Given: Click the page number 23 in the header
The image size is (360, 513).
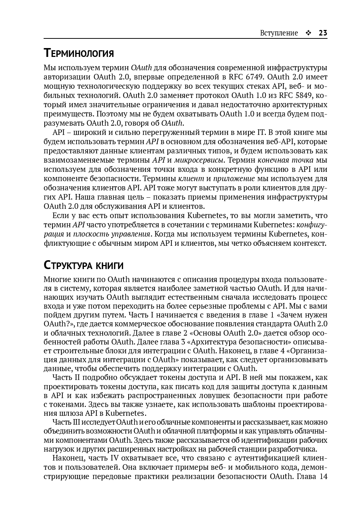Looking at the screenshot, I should [323, 33].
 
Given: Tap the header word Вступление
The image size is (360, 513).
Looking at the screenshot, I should [279, 33].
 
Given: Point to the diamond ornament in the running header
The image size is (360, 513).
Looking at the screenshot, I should [308, 33].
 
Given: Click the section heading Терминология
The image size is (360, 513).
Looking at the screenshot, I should [79, 53].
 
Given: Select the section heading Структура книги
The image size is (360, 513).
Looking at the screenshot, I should [84, 265].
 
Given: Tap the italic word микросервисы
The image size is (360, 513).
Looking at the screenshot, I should [199, 160].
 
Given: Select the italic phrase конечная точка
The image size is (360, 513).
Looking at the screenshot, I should [285, 160].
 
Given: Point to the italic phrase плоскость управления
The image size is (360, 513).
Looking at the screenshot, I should [112, 234].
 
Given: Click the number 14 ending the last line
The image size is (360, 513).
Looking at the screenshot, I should [323, 476].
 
